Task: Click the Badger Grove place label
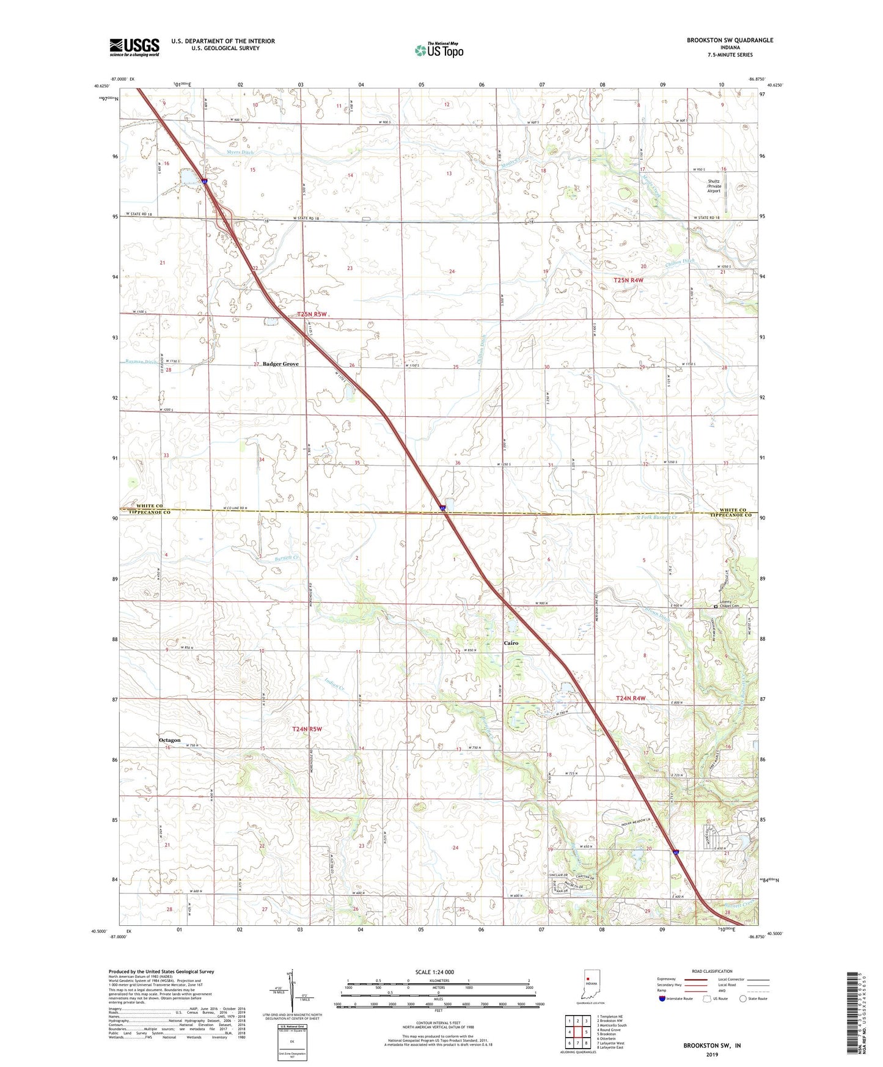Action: [x=281, y=364]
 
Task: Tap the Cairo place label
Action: [x=511, y=643]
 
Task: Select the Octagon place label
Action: [x=170, y=740]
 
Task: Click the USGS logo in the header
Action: [x=134, y=47]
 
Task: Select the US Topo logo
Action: [x=439, y=50]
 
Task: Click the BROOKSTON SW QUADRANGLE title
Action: [x=730, y=40]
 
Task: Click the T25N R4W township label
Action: [x=628, y=280]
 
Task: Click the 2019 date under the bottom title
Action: [x=712, y=1054]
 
